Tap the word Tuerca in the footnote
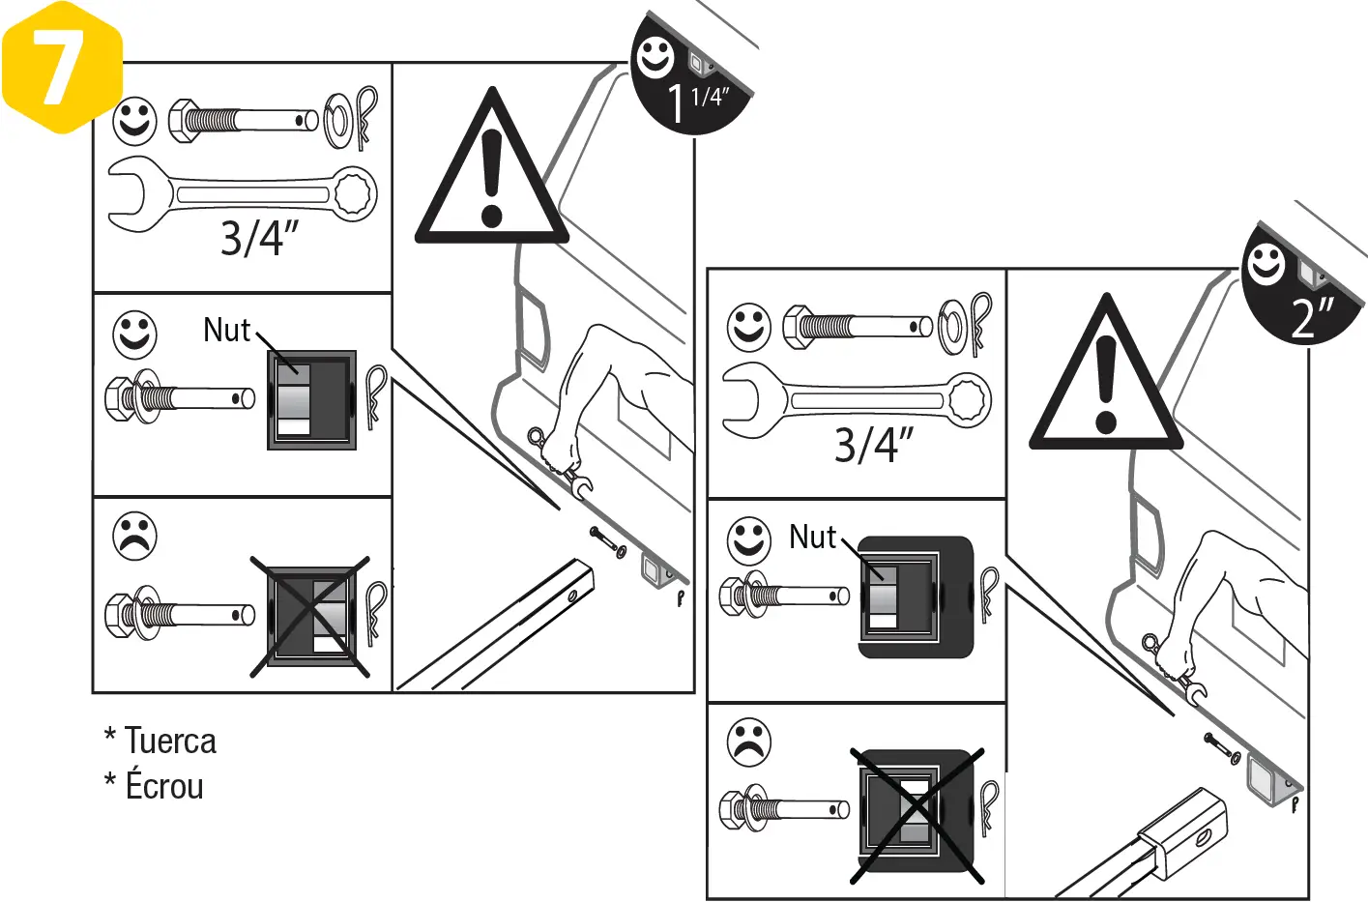(170, 742)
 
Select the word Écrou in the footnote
(164, 786)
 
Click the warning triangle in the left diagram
(491, 179)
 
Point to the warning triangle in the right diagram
(1106, 387)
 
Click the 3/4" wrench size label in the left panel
(258, 238)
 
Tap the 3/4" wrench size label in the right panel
(873, 445)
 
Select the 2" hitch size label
(1313, 317)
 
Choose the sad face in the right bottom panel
(749, 742)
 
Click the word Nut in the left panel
(226, 331)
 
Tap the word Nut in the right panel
(812, 537)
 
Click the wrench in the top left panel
(242, 194)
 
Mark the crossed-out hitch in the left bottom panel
(311, 617)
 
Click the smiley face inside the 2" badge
(1266, 264)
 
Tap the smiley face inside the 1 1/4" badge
(655, 58)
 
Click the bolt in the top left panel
(243, 121)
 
